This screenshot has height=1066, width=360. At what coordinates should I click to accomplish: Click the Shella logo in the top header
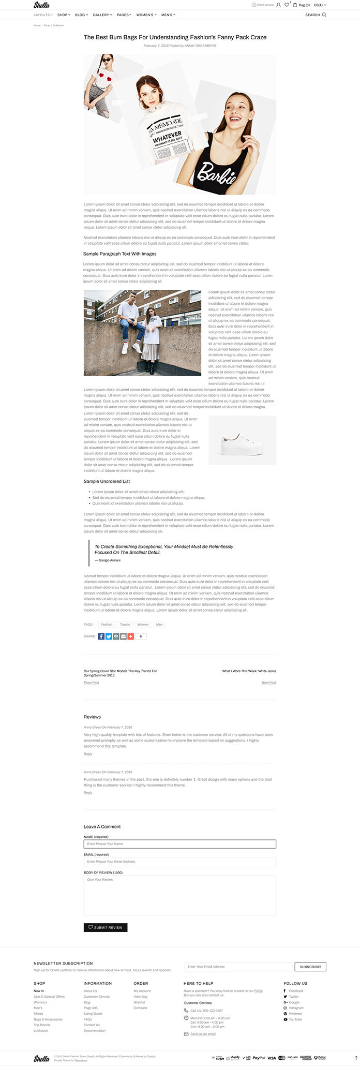point(42,5)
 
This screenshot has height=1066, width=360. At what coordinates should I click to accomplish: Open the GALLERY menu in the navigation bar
point(101,15)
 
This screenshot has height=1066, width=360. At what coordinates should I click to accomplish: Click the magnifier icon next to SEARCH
point(324,15)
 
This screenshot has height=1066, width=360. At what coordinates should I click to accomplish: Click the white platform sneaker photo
point(242,440)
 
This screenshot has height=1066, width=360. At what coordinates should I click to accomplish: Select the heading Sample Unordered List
point(107,481)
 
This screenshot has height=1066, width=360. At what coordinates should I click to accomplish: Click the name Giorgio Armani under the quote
point(109,560)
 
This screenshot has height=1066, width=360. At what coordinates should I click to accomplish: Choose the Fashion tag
point(107,625)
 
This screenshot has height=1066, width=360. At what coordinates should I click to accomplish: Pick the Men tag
point(159,625)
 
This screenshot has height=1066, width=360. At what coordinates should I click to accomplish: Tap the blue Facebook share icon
point(101,636)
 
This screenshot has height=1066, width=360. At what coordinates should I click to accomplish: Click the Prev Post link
point(91,683)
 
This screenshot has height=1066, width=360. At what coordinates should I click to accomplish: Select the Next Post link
point(268,683)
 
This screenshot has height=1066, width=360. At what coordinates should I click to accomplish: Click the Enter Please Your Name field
point(179,844)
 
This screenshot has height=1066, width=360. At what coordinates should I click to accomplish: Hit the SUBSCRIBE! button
point(310,967)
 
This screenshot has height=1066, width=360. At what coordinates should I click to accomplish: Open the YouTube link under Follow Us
point(295,1019)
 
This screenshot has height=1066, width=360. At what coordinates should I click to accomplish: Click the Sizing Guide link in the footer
point(93,1014)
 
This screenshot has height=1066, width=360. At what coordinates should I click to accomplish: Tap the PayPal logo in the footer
point(259,1058)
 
